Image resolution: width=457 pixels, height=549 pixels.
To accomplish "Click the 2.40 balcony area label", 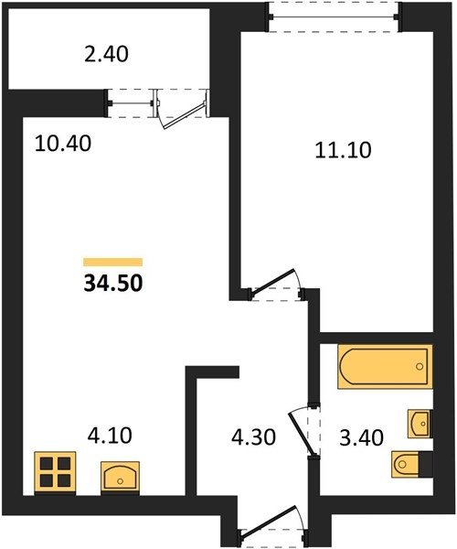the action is [106, 55].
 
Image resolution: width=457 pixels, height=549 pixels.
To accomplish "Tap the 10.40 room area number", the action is [63, 144].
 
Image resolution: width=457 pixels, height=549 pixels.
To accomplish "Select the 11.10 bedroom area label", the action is [343, 151].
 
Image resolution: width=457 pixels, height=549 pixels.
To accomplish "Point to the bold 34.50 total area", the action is [113, 284].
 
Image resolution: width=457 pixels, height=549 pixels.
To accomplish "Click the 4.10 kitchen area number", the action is [110, 436].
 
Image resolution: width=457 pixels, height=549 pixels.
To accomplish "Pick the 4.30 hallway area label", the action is [254, 437].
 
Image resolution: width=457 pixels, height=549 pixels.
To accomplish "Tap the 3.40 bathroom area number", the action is [362, 438].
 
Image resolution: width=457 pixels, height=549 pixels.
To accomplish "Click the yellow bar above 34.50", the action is [113, 262].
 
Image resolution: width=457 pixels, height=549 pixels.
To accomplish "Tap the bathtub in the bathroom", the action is [385, 367].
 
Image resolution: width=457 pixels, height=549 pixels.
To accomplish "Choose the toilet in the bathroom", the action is [412, 464].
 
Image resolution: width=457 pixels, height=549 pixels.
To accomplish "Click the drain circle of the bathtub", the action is [420, 367].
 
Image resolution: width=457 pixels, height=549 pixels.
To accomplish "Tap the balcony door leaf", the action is [184, 114].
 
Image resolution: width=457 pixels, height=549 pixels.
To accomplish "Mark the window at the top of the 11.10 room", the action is [334, 16].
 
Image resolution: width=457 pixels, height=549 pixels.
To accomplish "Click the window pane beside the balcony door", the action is [131, 103].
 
